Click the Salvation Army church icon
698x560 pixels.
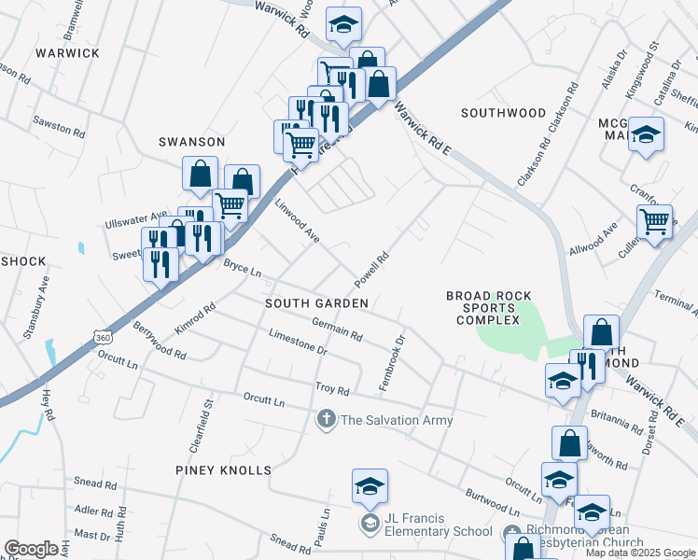pyautogui.click(x=327, y=420)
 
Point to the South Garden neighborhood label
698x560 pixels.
pyautogui.click(x=317, y=303)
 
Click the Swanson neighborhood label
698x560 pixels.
pyautogui.click(x=191, y=142)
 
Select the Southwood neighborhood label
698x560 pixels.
pyautogui.click(x=503, y=113)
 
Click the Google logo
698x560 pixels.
pyautogui.click(x=31, y=549)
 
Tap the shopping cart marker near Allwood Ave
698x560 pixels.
pyautogui.click(x=654, y=222)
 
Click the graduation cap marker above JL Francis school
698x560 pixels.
pyautogui.click(x=370, y=486)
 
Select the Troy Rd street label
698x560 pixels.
pyautogui.click(x=331, y=388)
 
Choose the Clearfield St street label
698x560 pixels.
pyautogui.click(x=202, y=424)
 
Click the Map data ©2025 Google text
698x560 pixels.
pyautogui.click(x=640, y=553)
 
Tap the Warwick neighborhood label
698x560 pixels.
pyautogui.click(x=67, y=53)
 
